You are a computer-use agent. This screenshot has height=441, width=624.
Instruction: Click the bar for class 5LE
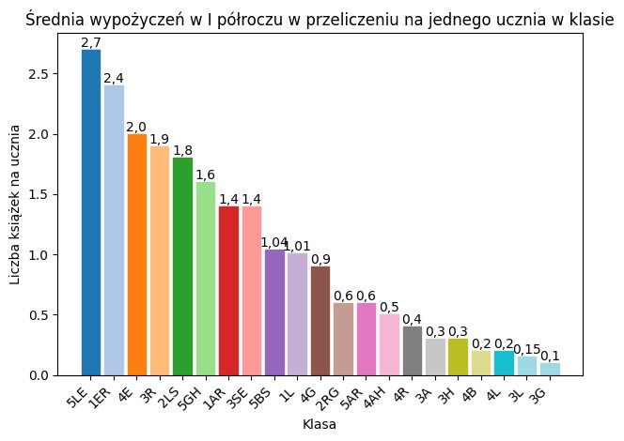pyautogui.click(x=91, y=212)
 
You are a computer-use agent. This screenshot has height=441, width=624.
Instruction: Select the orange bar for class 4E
pyautogui.click(x=137, y=254)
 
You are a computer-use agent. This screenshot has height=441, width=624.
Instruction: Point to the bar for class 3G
pyautogui.click(x=550, y=369)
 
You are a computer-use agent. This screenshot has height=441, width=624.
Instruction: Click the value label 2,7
pyautogui.click(x=91, y=42)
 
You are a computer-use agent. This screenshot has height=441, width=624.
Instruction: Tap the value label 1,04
pyautogui.click(x=274, y=243)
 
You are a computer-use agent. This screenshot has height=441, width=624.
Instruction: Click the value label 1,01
pyautogui.click(x=297, y=247)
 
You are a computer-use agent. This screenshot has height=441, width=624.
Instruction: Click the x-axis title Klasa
pyautogui.click(x=320, y=425)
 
